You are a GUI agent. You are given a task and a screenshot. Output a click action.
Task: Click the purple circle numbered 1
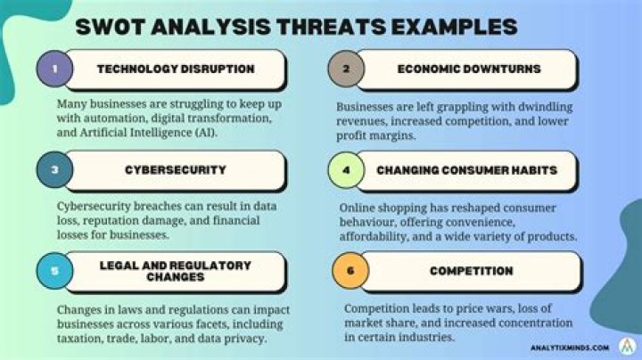point(55,70)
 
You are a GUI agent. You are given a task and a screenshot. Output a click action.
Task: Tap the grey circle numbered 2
point(346,70)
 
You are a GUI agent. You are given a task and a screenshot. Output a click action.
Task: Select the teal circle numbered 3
point(55,170)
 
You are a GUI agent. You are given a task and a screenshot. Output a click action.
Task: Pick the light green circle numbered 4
point(346,169)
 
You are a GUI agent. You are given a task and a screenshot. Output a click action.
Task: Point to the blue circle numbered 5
point(55,270)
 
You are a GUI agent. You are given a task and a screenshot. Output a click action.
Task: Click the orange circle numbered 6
point(346,271)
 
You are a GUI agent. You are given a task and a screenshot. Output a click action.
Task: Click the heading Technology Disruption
point(176,70)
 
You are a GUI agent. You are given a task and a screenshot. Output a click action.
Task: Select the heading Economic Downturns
point(469,70)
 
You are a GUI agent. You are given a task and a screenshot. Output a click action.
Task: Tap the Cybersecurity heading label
point(175,169)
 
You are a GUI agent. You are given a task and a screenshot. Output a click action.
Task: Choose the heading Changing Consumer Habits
point(469,170)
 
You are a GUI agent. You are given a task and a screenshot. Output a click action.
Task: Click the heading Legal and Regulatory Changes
point(176,271)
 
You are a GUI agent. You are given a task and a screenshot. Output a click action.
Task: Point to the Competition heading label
point(469,271)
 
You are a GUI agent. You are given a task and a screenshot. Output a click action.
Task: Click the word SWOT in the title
point(113,25)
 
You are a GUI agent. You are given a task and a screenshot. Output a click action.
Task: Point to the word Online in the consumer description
point(359,209)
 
